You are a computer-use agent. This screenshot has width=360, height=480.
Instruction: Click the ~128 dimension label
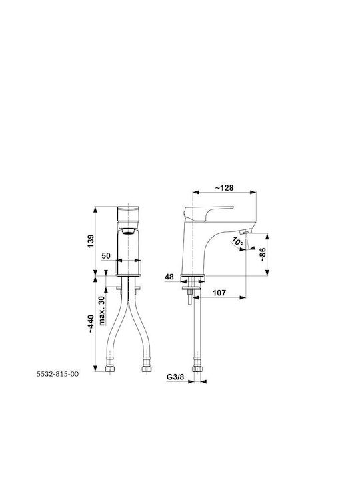tap(224, 187)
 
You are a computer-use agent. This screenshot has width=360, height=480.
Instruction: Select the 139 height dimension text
tap(91, 241)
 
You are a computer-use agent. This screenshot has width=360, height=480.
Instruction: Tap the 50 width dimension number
tap(106, 255)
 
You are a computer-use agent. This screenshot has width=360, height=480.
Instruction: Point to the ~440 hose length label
tap(91, 323)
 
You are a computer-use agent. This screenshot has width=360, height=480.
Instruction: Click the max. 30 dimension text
tap(102, 311)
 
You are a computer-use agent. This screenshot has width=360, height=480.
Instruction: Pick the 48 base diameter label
tap(169, 277)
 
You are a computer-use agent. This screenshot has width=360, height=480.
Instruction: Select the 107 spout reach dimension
tap(219, 293)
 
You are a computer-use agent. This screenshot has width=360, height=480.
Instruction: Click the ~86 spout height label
tap(263, 255)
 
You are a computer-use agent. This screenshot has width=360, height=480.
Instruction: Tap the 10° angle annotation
tap(237, 242)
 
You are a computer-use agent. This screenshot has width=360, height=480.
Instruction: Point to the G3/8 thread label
tap(175, 377)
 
